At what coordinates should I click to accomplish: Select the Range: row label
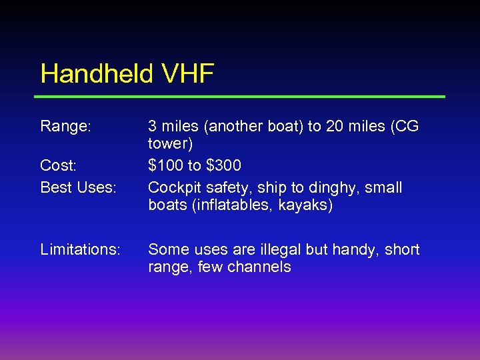click(65, 126)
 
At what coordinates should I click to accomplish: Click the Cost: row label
click(59, 165)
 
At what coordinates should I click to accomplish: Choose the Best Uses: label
click(78, 187)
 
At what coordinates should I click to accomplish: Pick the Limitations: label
click(81, 249)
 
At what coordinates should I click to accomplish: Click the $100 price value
click(167, 165)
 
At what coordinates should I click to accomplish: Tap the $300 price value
click(221, 165)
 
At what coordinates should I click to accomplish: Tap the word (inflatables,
click(233, 205)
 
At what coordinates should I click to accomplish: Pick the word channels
click(259, 267)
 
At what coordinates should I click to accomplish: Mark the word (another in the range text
click(224, 126)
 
